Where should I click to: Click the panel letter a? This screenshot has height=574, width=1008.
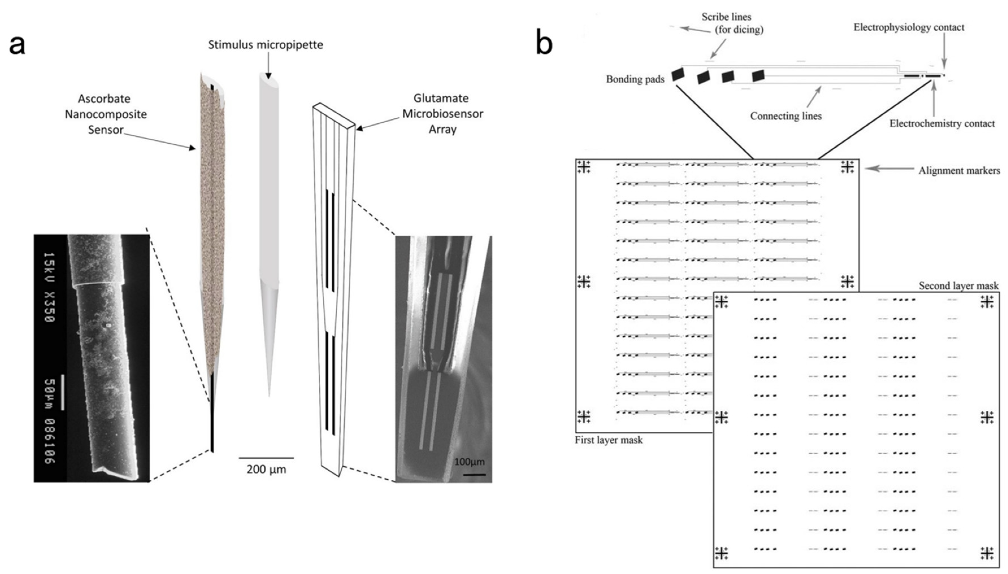pyautogui.click(x=17, y=46)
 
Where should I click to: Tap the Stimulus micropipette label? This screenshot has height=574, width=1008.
pyautogui.click(x=265, y=45)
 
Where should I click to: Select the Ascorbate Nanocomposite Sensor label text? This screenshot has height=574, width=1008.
pyautogui.click(x=106, y=114)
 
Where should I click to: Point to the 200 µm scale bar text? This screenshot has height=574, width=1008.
pyautogui.click(x=266, y=470)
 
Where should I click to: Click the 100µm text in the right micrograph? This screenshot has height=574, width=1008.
pyautogui.click(x=469, y=462)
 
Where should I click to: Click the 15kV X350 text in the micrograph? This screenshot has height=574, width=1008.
pyautogui.click(x=49, y=287)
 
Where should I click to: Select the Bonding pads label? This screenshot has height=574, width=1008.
pyautogui.click(x=635, y=79)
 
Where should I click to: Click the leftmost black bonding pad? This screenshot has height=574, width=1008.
pyautogui.click(x=678, y=74)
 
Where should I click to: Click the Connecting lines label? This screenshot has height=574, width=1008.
pyautogui.click(x=786, y=116)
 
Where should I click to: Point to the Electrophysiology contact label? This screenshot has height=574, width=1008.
pyautogui.click(x=909, y=27)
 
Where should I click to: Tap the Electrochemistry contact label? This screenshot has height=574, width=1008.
pyautogui.click(x=942, y=124)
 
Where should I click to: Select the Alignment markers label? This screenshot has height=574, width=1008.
pyautogui.click(x=959, y=171)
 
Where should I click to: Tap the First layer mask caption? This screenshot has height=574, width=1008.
pyautogui.click(x=609, y=440)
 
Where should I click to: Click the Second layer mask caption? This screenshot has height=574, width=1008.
pyautogui.click(x=958, y=286)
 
